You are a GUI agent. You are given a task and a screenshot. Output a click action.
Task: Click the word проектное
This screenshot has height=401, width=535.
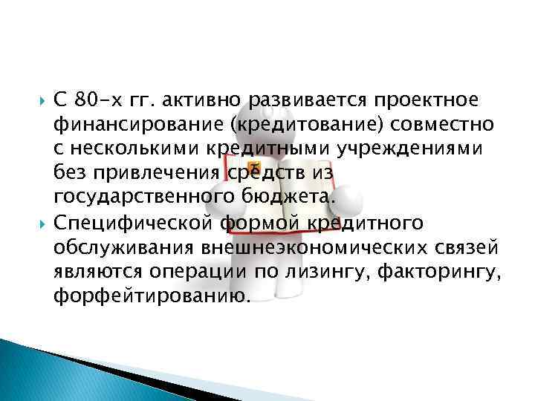(x=416, y=100)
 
